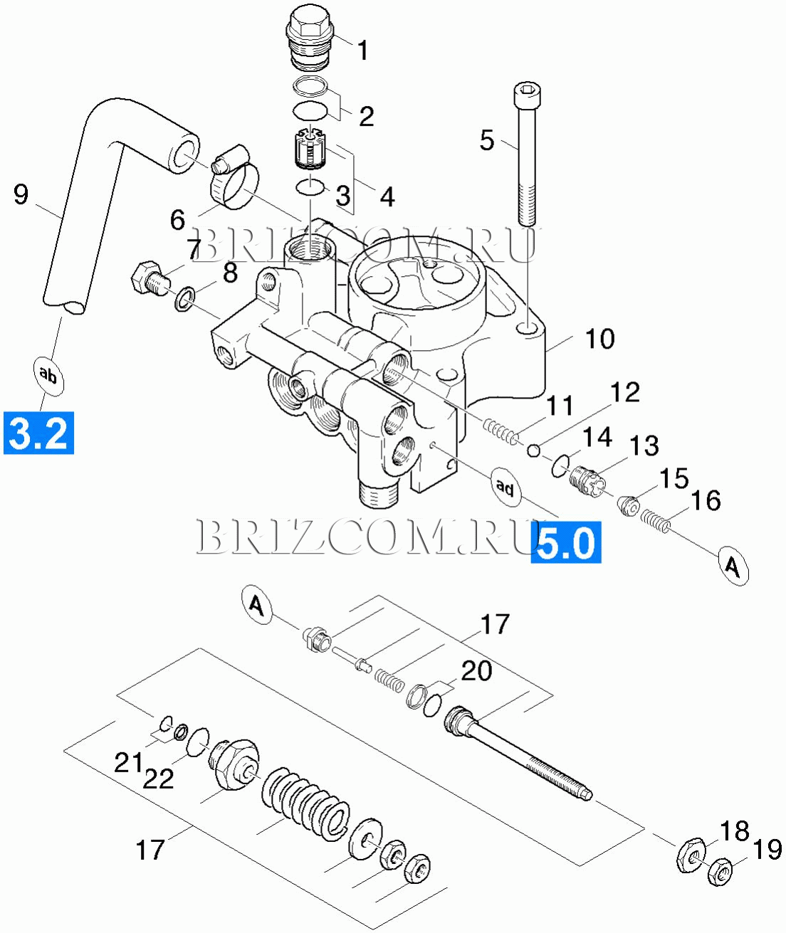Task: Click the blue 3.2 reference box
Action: (x=38, y=433)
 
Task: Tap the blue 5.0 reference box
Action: (x=565, y=542)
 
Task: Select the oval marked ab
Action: (x=48, y=376)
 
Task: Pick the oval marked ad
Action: (x=505, y=487)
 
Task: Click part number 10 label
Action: (x=600, y=339)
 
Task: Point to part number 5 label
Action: (x=487, y=140)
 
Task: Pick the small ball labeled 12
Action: (x=534, y=451)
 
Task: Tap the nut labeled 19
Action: (x=720, y=870)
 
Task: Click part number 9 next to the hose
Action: (x=21, y=194)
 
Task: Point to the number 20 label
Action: (x=476, y=672)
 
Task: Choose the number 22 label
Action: (x=158, y=779)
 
